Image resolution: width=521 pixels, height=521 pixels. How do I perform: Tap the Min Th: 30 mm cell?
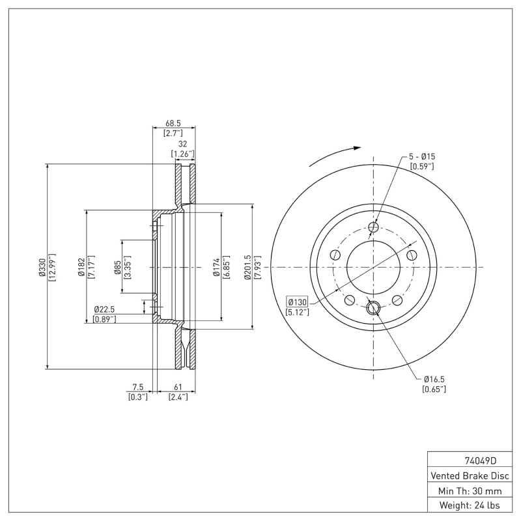[468, 490]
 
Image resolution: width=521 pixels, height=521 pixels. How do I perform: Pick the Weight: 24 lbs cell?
[468, 505]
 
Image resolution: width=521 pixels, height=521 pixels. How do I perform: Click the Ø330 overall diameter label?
[42, 267]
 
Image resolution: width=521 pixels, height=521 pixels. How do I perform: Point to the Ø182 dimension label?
[81, 267]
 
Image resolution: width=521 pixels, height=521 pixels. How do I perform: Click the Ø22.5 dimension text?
[105, 309]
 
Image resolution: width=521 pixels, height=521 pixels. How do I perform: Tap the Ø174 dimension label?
[216, 267]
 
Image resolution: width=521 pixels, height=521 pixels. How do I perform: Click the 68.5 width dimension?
[173, 122]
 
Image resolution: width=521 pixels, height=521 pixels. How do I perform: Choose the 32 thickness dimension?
[183, 145]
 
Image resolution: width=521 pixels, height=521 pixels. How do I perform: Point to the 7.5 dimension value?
[137, 387]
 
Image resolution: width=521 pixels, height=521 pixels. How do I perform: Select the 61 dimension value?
[178, 387]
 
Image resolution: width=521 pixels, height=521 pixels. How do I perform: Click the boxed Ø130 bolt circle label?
[297, 302]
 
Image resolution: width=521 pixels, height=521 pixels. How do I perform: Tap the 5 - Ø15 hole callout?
[422, 156]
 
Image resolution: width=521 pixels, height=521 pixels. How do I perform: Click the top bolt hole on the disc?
[373, 227]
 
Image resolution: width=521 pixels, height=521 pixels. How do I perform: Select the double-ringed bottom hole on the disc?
[373, 308]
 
